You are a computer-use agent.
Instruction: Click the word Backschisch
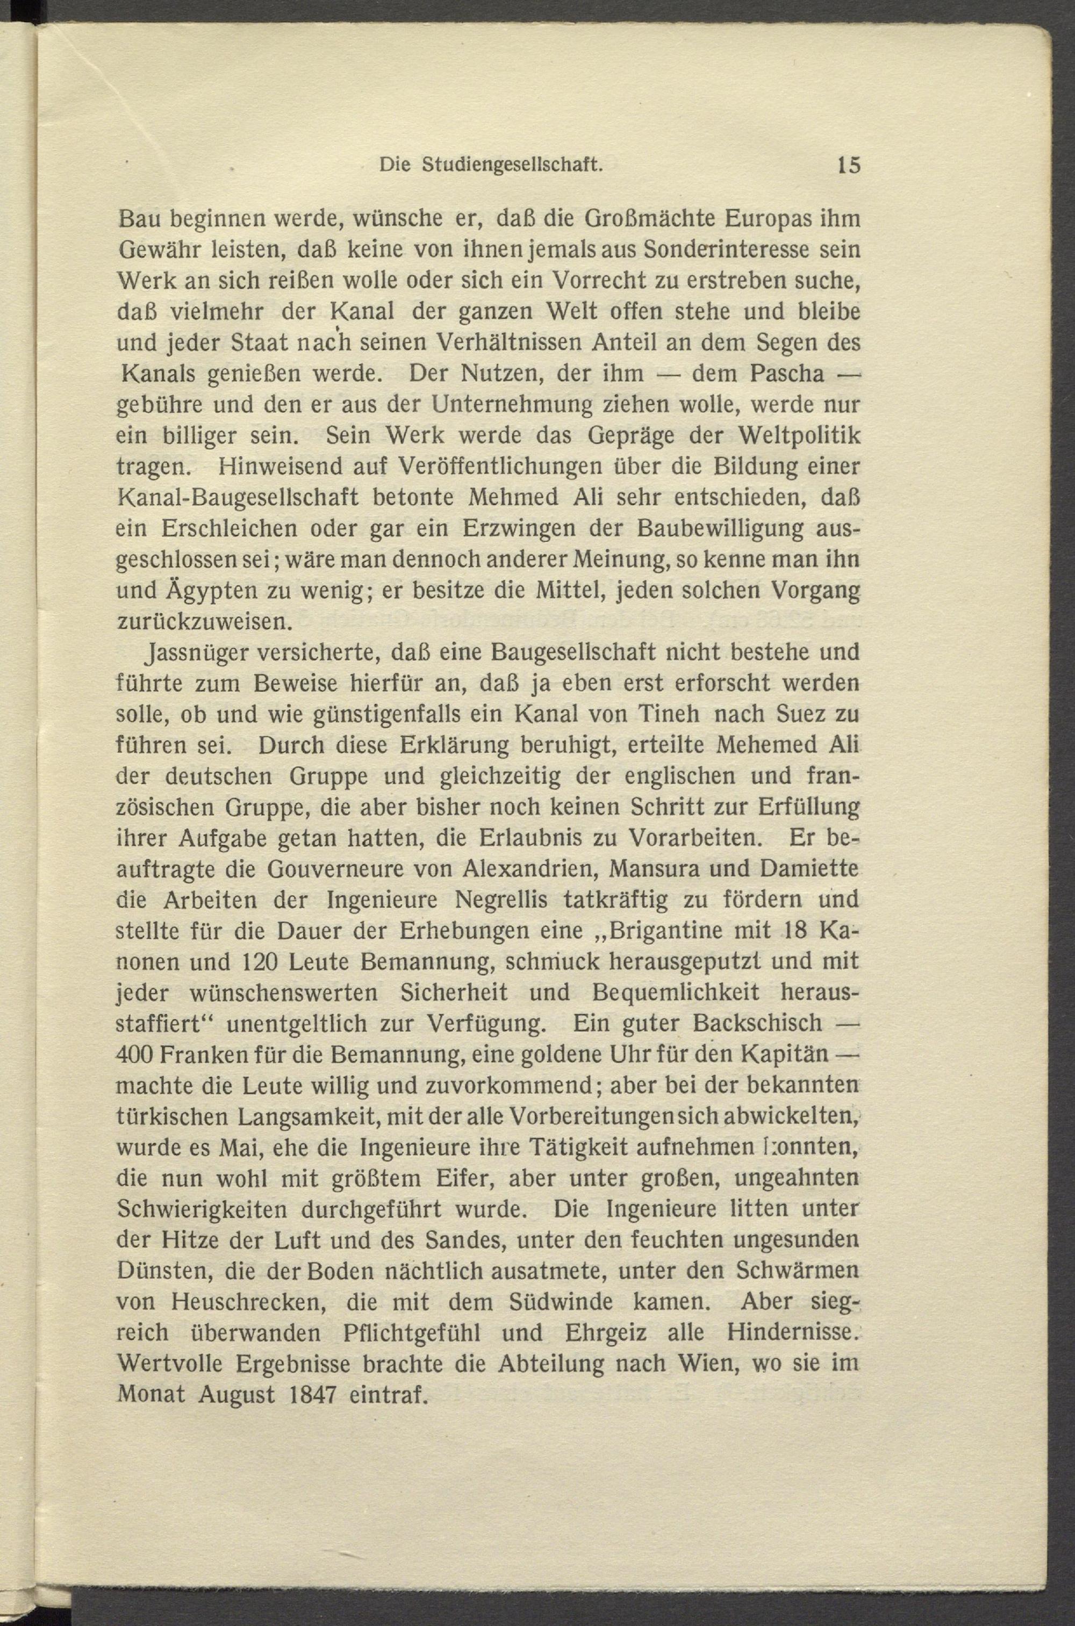point(757,1023)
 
